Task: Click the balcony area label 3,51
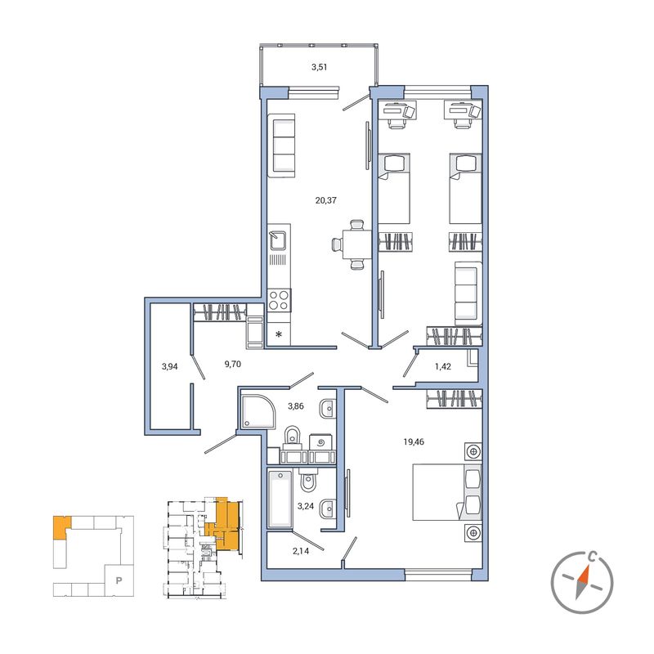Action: click(319, 67)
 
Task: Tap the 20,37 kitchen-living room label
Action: click(325, 200)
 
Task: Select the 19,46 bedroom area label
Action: click(414, 441)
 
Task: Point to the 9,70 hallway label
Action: click(233, 364)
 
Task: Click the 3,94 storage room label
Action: click(170, 366)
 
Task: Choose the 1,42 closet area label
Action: click(443, 366)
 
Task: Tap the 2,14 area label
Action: click(301, 551)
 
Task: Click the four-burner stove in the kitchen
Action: click(279, 300)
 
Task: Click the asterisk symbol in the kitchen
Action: click(279, 334)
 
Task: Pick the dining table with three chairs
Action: click(352, 244)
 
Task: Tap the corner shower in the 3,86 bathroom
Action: click(258, 411)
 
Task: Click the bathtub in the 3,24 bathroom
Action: click(280, 499)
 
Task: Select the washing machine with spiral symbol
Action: click(321, 442)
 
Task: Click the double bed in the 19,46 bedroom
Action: click(447, 492)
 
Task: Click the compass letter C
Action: click(591, 556)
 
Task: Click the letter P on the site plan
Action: click(119, 580)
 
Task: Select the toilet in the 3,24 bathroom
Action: click(309, 480)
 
